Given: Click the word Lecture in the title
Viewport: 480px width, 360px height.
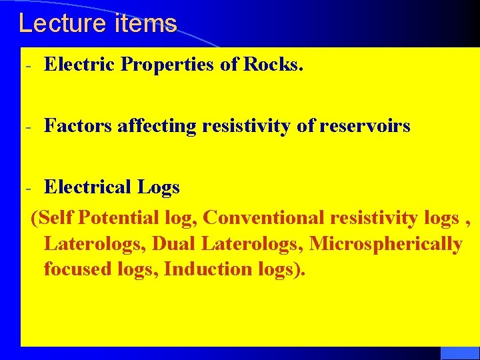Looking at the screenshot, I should click(x=55, y=23).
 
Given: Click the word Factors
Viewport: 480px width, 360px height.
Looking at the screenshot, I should click(x=78, y=125).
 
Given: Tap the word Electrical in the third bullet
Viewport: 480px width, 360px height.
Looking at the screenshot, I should click(x=88, y=187).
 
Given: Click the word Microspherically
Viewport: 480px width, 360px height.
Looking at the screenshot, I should click(x=386, y=244).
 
